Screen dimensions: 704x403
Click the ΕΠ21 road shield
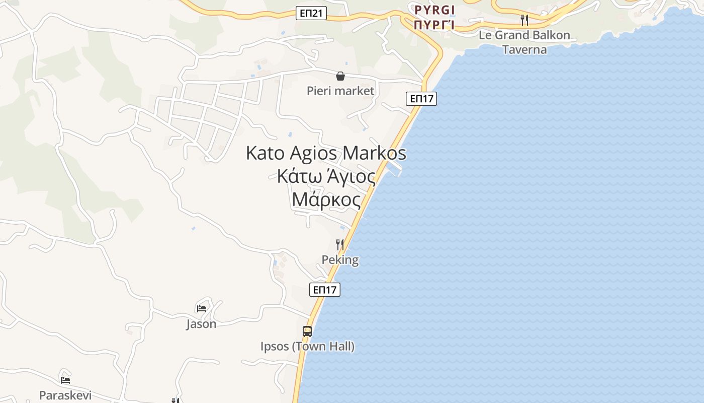(311, 14)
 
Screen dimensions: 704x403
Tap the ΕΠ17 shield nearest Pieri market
(421, 99)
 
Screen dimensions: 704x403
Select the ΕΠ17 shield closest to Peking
(325, 290)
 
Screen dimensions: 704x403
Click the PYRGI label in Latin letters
(434, 10)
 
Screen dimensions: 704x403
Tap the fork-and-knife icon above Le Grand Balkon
(524, 20)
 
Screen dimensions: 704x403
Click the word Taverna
(524, 49)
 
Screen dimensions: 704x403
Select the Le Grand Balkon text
(524, 35)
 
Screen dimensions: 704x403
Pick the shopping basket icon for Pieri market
(340, 76)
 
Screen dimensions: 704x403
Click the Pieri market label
(340, 91)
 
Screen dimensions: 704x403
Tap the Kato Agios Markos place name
(326, 153)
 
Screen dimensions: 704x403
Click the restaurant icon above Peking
(340, 245)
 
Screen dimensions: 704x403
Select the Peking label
(340, 260)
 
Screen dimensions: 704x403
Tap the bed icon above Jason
(202, 308)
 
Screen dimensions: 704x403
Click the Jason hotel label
(201, 324)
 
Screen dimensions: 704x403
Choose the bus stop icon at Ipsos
(307, 331)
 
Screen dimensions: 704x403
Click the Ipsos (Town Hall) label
(307, 347)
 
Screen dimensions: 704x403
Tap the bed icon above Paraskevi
(65, 380)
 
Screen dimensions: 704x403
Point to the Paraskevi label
(65, 395)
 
